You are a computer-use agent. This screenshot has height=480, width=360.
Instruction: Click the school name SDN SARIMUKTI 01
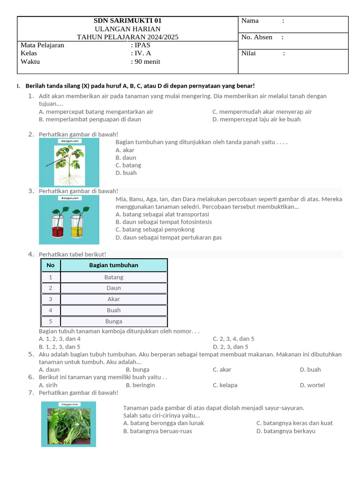point(127,21)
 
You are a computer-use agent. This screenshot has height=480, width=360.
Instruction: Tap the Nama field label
point(250,21)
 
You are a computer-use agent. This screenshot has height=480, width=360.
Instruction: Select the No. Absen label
point(256,37)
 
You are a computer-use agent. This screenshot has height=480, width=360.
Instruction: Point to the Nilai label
point(248,53)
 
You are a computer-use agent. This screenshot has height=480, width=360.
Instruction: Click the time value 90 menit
point(147,61)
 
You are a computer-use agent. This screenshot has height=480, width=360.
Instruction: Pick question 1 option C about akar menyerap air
point(262,112)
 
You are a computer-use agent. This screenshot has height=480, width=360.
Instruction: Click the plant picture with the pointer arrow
point(69,162)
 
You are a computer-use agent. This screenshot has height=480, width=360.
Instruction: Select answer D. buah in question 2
point(126,173)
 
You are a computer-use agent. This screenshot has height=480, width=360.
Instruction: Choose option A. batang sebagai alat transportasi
point(162,214)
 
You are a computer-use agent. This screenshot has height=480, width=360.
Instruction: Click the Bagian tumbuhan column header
point(113,265)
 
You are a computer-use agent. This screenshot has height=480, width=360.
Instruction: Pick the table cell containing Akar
point(113,299)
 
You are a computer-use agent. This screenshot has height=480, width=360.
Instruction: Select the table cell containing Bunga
point(113,322)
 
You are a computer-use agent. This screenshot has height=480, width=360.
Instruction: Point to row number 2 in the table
point(51,288)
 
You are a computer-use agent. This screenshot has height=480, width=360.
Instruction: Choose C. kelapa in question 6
point(225,385)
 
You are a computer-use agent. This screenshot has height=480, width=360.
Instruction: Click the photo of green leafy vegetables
point(68,424)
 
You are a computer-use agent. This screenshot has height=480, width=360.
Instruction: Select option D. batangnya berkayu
point(286,431)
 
